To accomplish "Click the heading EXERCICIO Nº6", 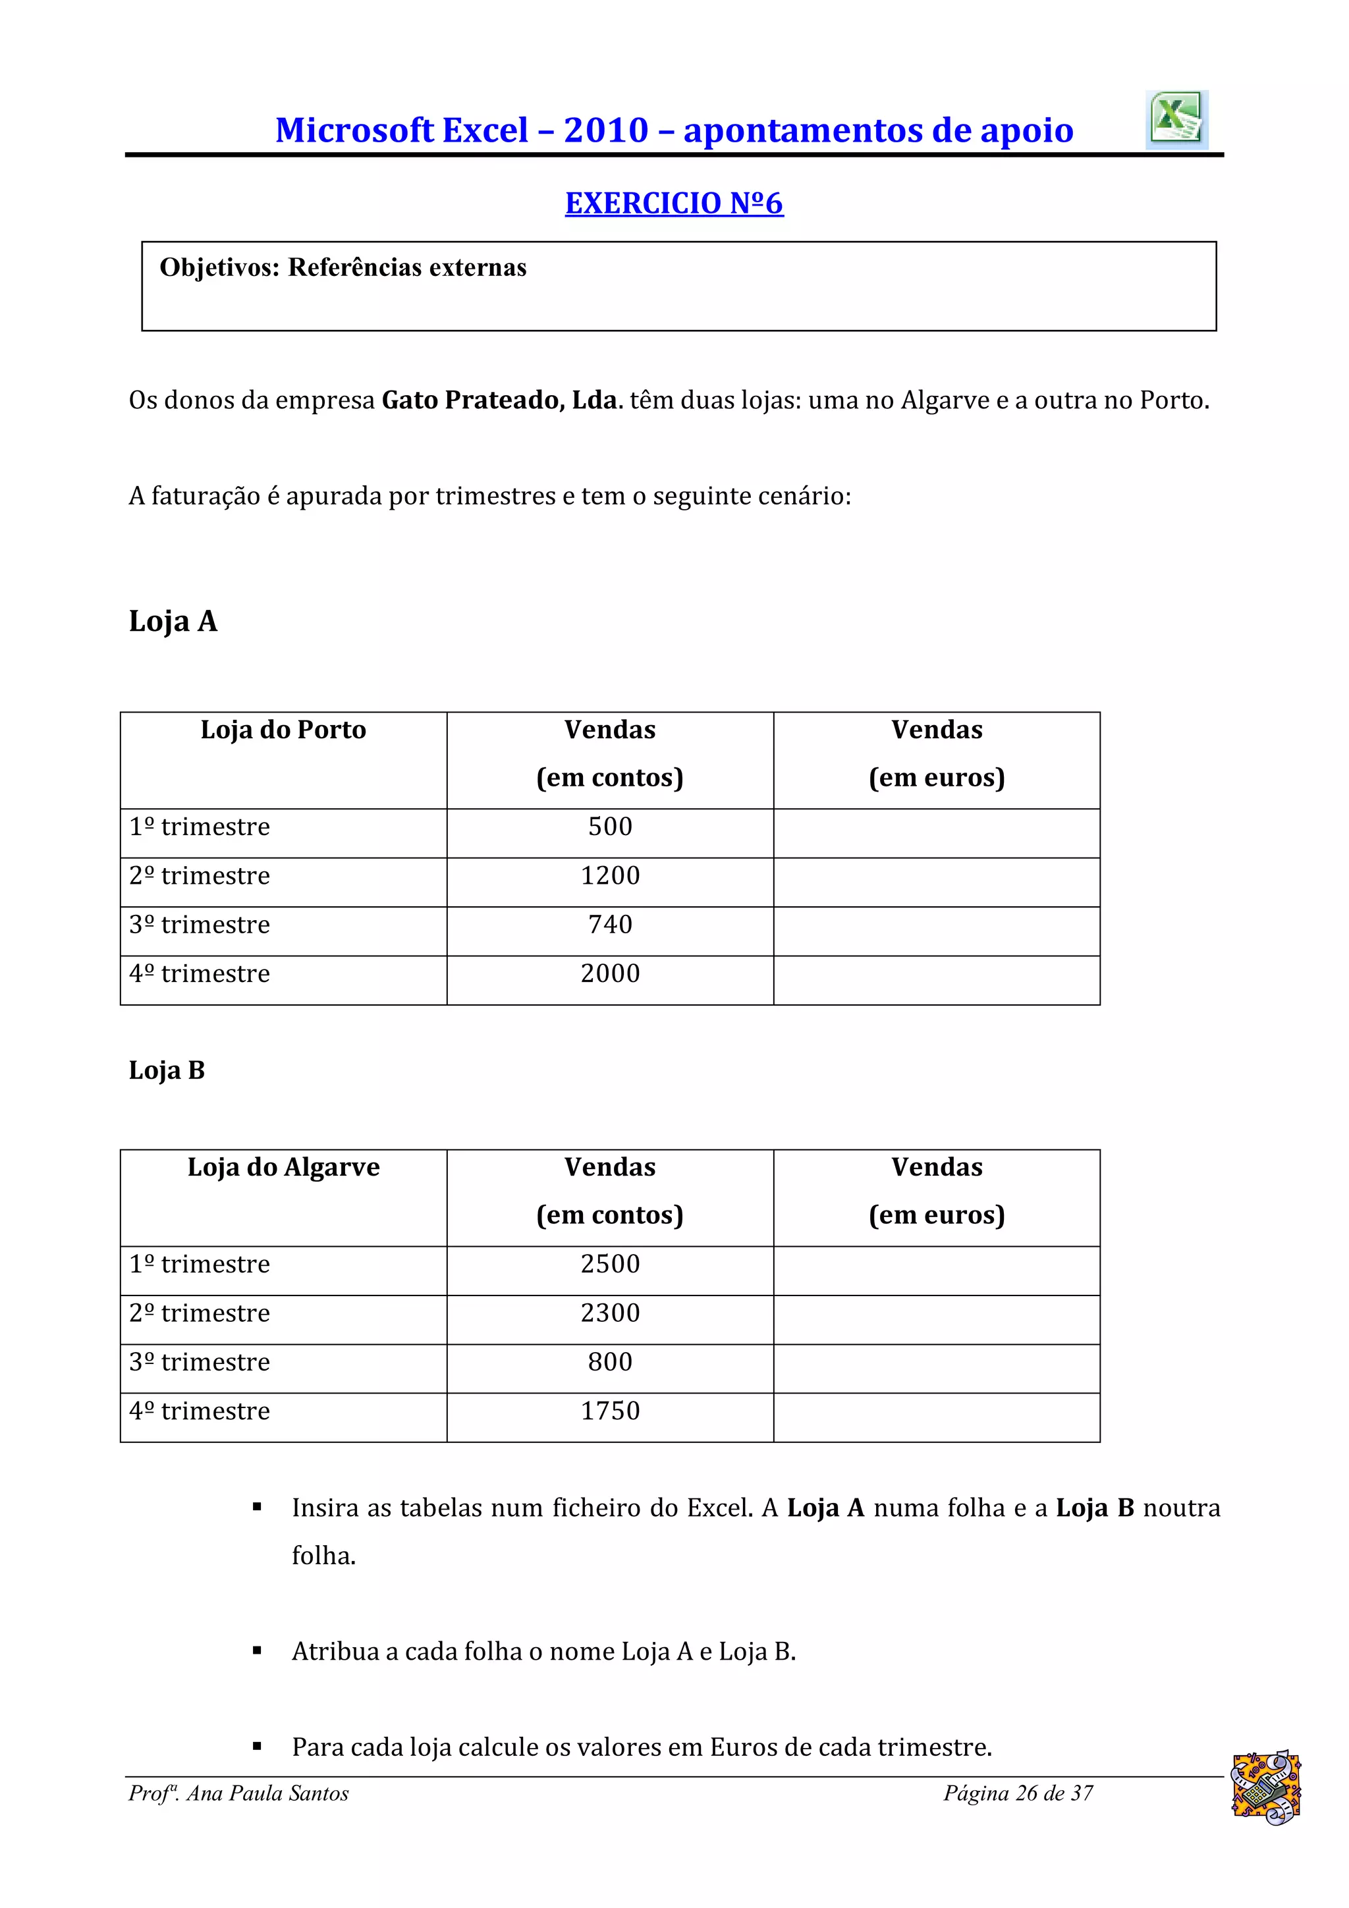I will coord(673,204).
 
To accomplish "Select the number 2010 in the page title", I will coord(606,130).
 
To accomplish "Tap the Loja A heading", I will coord(173,622).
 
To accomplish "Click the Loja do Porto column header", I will coord(283,730).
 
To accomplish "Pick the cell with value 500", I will coord(610,827).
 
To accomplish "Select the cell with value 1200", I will coord(610,876).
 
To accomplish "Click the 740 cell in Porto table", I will coord(610,925).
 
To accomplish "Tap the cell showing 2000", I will coord(610,974).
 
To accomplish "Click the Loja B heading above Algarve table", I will coord(166,1070).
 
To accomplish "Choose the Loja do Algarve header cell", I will coord(283,1168).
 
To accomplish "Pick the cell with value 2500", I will coord(610,1264).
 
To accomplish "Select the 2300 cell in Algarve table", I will coord(610,1313).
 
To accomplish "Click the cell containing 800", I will coord(610,1362).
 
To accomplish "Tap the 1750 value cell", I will coord(610,1411).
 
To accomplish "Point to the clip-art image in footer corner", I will coord(1265,1787).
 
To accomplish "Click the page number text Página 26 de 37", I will coord(1018,1793).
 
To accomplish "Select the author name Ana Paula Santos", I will coord(267,1793).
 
